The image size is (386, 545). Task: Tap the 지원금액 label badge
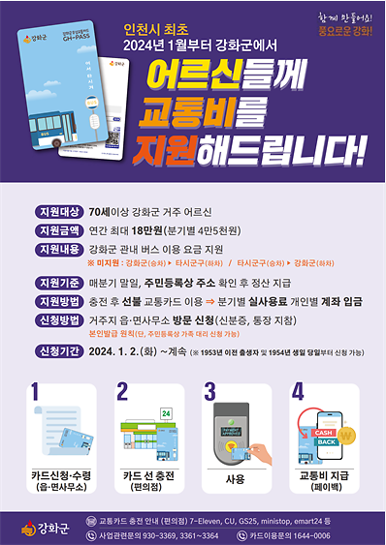click(57, 230)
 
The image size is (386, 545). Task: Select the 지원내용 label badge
click(57, 250)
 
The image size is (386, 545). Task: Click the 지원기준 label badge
click(57, 283)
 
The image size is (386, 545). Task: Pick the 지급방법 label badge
click(57, 301)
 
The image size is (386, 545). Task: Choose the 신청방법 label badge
click(57, 319)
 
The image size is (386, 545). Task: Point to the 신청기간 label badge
click(57, 351)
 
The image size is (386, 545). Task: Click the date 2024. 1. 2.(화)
click(122, 351)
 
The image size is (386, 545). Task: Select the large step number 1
click(38, 393)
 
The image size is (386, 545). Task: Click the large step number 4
click(297, 393)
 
